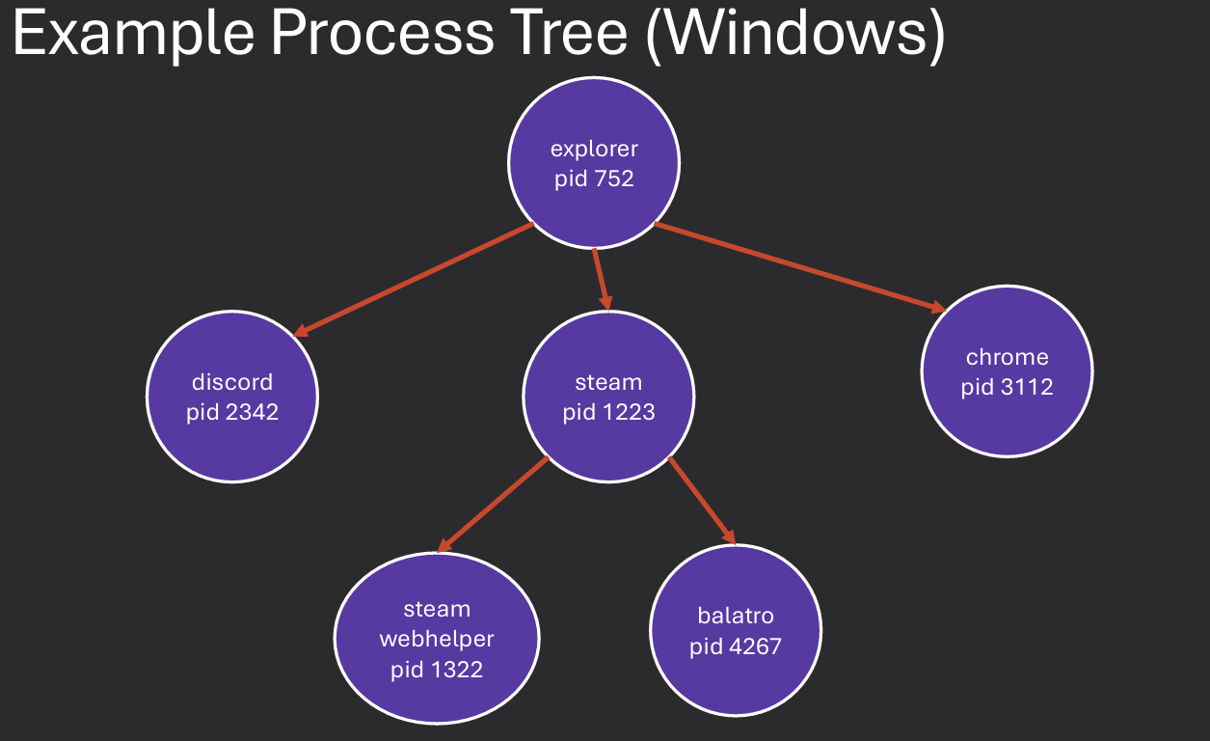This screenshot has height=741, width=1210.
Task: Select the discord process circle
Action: click(231, 397)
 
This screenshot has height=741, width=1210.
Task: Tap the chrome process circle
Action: click(1007, 371)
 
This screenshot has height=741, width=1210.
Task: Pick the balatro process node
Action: click(736, 631)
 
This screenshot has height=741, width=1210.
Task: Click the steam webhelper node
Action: click(436, 639)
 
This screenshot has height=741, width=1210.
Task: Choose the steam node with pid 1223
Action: click(608, 397)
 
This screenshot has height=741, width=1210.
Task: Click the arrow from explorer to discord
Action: click(415, 280)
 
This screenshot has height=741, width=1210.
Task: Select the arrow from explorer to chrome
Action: click(799, 267)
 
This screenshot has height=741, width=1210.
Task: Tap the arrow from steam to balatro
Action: click(702, 502)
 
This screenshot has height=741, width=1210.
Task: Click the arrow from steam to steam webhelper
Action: click(493, 505)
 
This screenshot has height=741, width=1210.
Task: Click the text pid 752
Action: click(594, 178)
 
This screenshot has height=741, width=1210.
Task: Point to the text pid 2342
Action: click(232, 412)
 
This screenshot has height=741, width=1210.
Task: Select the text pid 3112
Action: click(1008, 387)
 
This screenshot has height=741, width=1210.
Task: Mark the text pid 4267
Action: click(736, 645)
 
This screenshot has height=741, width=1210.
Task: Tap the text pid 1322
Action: click(437, 669)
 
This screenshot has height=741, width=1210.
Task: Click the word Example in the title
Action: click(134, 36)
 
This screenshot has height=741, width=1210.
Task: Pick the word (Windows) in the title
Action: click(795, 34)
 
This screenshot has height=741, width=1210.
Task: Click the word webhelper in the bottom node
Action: click(437, 639)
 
